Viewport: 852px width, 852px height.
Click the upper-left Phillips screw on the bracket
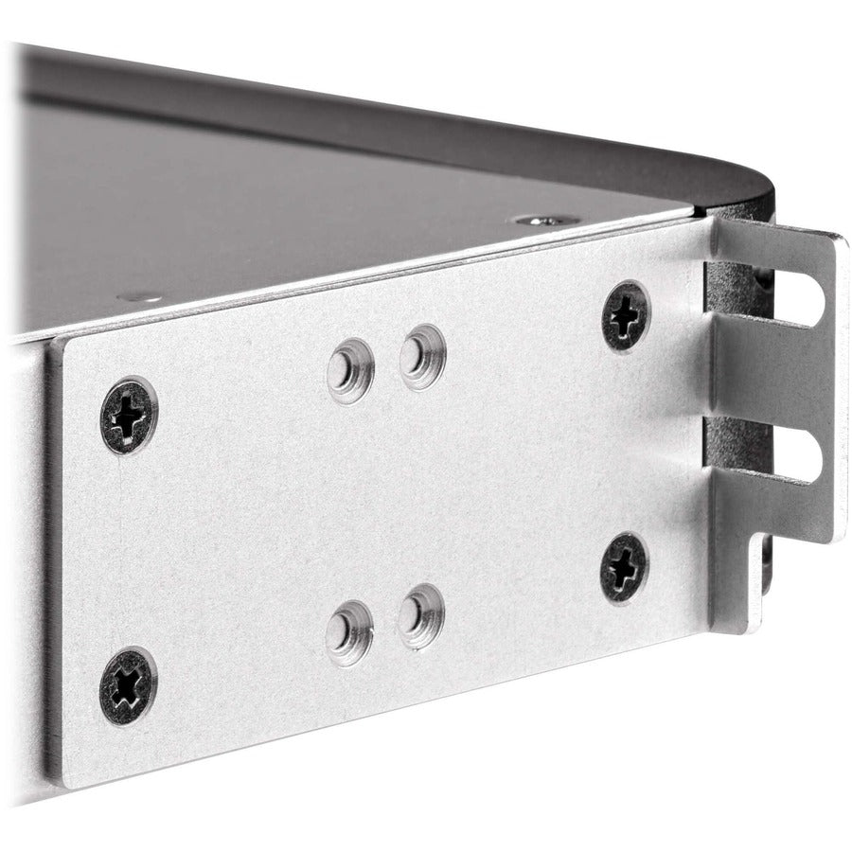coord(129,416)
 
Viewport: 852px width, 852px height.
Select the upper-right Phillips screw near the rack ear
coord(625,315)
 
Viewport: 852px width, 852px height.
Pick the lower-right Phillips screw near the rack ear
coord(624,566)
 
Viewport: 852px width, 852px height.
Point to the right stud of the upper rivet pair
coord(421,357)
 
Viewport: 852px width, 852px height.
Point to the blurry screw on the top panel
coord(142,296)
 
